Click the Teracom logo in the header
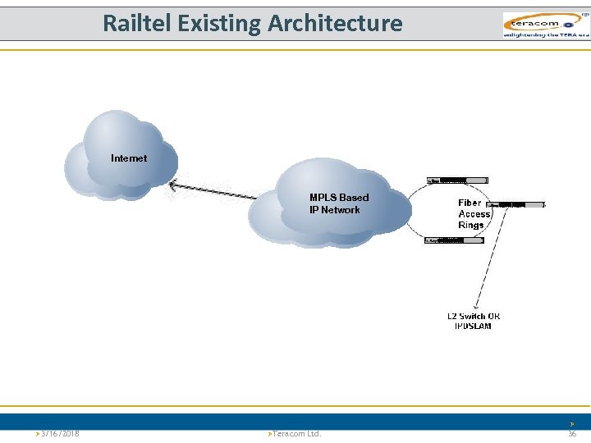click(545, 25)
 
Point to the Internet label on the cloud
click(129, 158)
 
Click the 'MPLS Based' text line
click(339, 198)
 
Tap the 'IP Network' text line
click(334, 210)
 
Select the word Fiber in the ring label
click(470, 203)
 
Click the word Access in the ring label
click(474, 214)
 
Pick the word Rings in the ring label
click(471, 226)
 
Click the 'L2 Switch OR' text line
click(474, 317)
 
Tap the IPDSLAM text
click(473, 327)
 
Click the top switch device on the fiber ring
click(456, 180)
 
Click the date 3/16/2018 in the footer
click(58, 433)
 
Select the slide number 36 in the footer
click(572, 433)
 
